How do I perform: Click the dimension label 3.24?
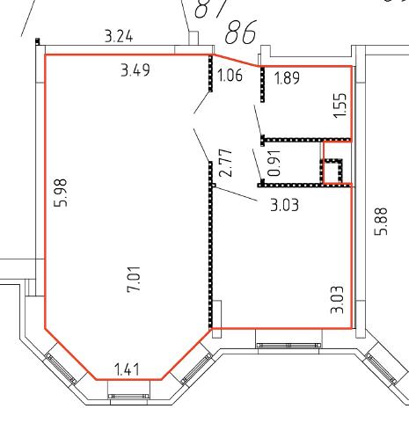click(x=119, y=37)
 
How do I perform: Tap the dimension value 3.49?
click(x=135, y=70)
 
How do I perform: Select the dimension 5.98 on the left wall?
click(x=61, y=193)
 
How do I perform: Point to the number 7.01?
click(x=134, y=280)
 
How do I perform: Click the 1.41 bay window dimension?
click(x=127, y=369)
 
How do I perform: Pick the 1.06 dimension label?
click(x=230, y=75)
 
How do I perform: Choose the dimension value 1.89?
click(x=287, y=78)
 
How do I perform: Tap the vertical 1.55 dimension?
click(x=340, y=106)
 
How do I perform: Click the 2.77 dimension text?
click(x=226, y=163)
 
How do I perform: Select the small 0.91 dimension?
click(x=274, y=163)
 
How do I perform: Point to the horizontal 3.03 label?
click(x=284, y=205)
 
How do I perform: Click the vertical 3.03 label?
click(x=337, y=300)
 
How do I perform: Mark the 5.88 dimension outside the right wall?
click(x=381, y=222)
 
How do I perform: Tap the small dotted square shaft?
click(x=332, y=172)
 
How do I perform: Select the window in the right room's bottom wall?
click(x=288, y=346)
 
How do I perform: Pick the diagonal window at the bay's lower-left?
click(x=61, y=369)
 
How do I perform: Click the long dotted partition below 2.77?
click(x=210, y=245)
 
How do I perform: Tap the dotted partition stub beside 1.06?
click(x=210, y=73)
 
